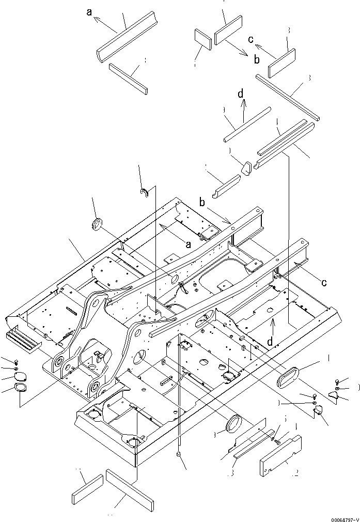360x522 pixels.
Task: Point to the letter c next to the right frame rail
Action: coord(324,282)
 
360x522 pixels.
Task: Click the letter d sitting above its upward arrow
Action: coord(241,94)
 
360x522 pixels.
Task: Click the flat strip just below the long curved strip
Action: coord(129,78)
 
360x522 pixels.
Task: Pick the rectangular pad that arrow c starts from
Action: coord(281,63)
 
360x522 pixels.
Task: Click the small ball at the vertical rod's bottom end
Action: coord(179,454)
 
